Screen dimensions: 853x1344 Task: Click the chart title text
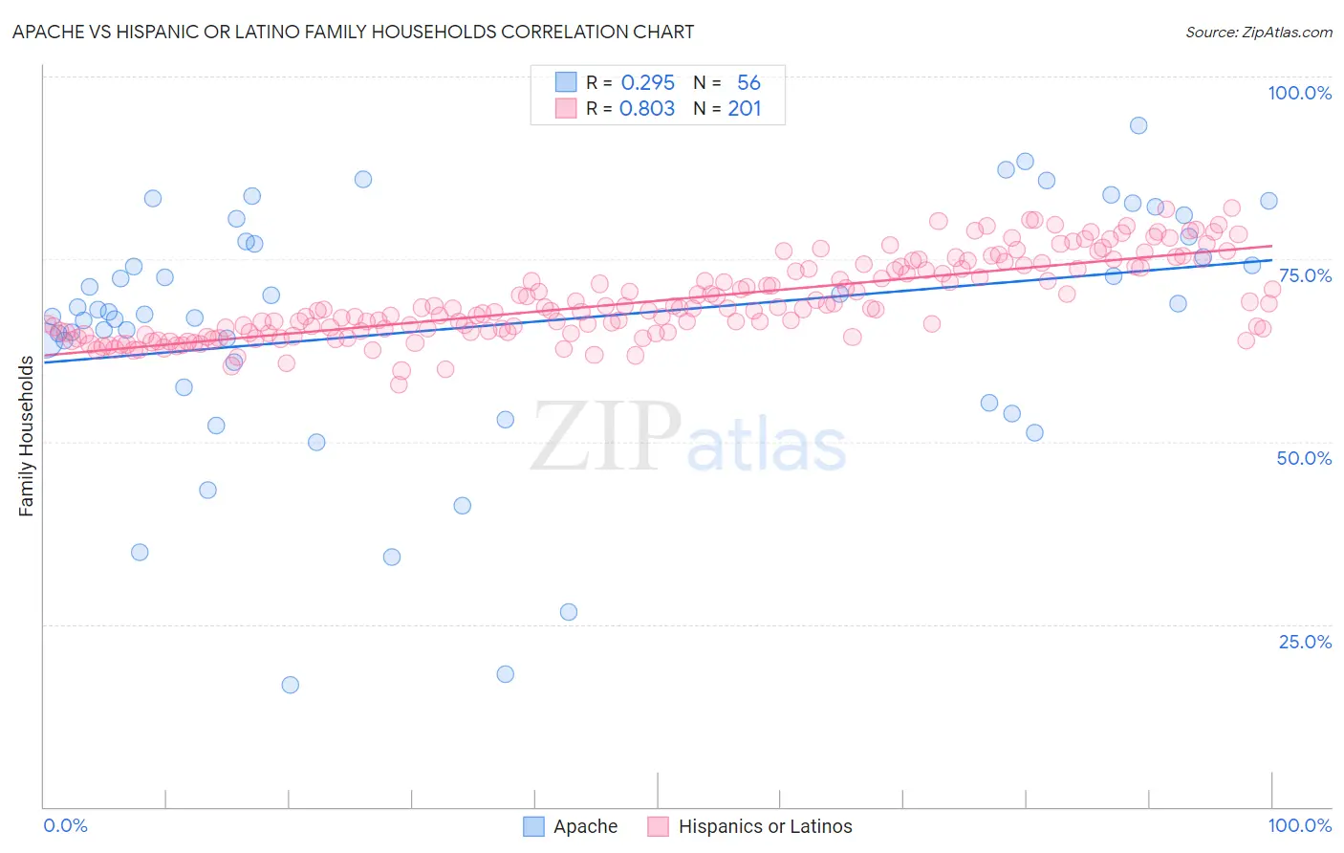pos(353,32)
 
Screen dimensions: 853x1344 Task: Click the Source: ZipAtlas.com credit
pos(1258,33)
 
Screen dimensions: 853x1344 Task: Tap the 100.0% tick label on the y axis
pos(1299,93)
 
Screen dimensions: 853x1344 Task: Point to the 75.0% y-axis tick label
pos(1305,275)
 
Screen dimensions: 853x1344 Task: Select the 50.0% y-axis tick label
pos(1304,458)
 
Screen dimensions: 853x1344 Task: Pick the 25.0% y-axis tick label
pos(1305,642)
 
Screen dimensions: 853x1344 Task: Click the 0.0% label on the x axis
pos(66,825)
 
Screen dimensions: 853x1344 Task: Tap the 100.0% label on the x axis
pos(1299,825)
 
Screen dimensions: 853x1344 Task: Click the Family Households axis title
pos(27,436)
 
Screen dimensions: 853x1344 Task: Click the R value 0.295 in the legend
pos(647,83)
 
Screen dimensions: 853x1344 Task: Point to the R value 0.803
pos(647,109)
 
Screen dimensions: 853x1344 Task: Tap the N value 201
pos(745,109)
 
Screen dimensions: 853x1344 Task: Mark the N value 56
pos(748,83)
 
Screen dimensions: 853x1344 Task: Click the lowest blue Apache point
pos(291,685)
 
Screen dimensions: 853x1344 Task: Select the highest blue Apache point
pos(1138,125)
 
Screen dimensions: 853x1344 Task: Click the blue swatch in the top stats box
pos(566,82)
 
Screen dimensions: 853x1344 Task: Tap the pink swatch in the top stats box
pos(566,108)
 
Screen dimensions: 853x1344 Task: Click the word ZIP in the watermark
pos(606,437)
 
